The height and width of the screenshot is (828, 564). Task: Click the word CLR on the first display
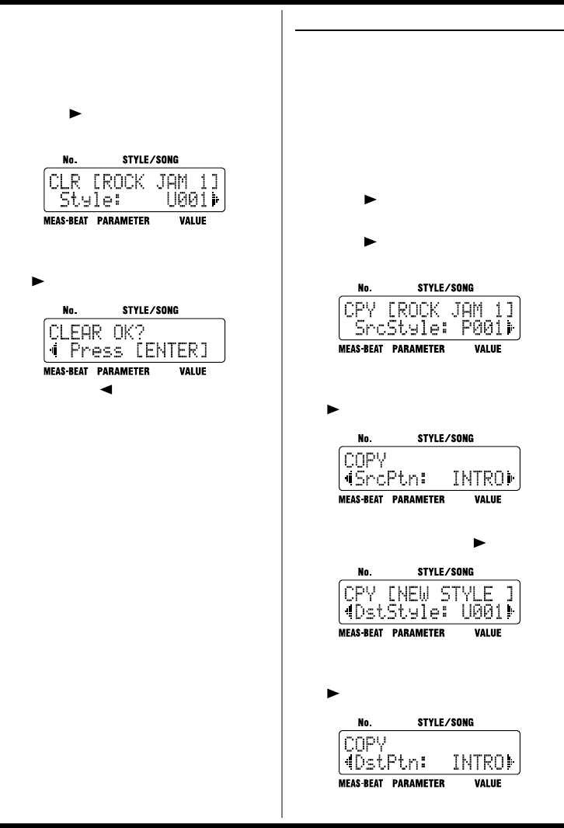64,183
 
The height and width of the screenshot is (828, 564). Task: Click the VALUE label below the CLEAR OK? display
193,372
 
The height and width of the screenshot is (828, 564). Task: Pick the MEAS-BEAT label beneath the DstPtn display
361,784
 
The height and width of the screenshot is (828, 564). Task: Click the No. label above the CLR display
69,158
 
